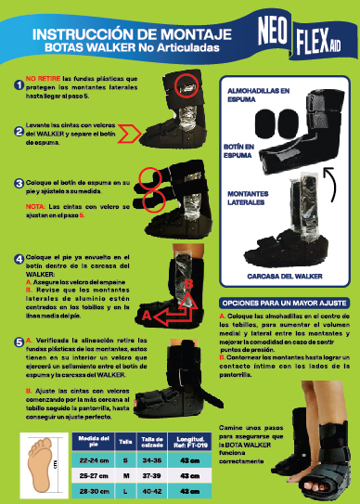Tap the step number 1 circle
point(19,85)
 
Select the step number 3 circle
point(19,184)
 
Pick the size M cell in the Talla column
point(125,472)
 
